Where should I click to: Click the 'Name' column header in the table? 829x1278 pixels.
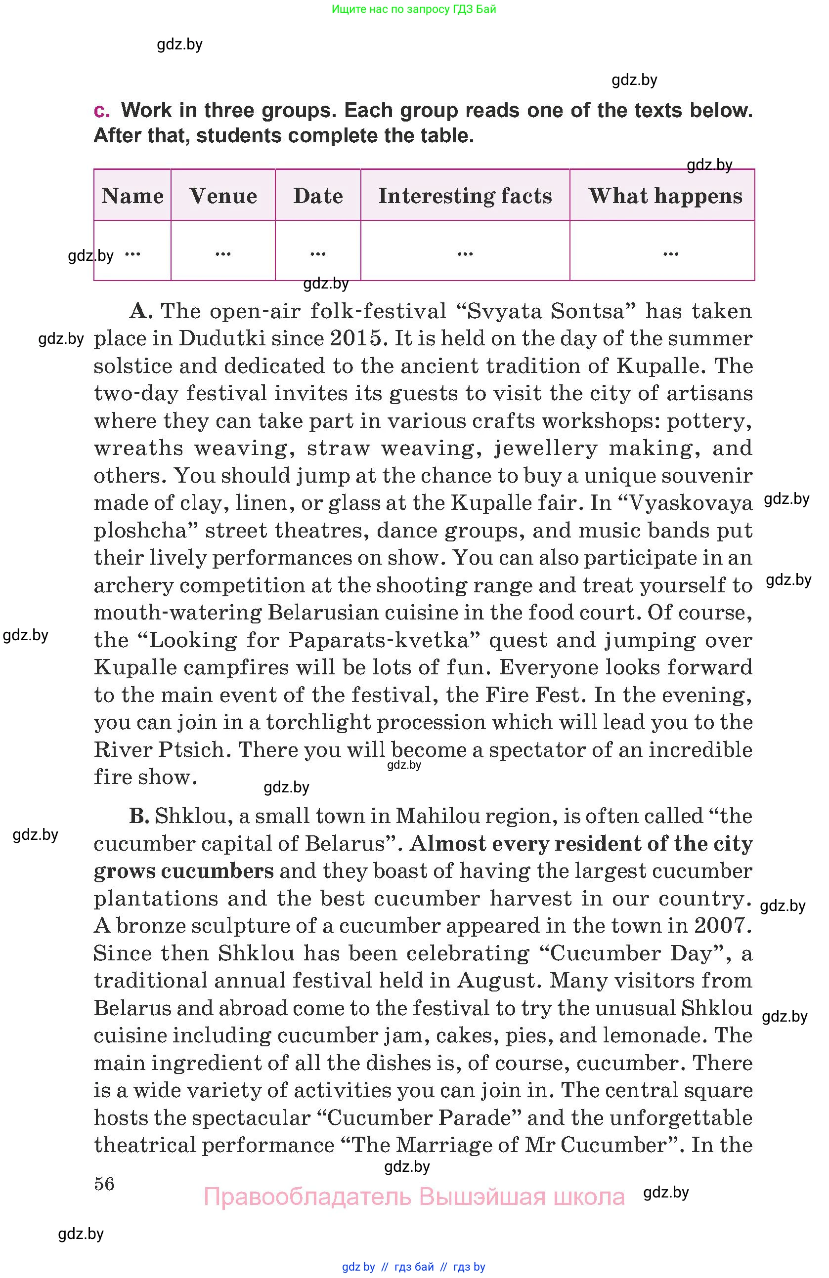point(132,196)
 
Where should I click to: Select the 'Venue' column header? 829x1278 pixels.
point(223,196)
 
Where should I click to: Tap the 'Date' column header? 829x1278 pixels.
point(318,196)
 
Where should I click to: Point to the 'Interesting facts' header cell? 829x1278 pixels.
point(465,196)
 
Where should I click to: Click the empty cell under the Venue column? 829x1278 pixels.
point(223,252)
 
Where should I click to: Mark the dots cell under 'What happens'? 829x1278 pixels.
point(670,252)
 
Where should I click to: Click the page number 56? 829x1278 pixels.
point(104,1183)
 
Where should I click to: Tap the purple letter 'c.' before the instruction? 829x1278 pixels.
point(101,111)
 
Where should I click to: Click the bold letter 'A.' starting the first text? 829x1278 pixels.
point(141,311)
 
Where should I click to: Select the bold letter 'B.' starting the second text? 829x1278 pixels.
point(138,816)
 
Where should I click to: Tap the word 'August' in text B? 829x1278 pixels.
point(496,981)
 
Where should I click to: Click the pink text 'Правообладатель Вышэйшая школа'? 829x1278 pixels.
point(414,1197)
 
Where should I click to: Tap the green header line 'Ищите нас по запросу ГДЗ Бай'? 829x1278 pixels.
point(414,9)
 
